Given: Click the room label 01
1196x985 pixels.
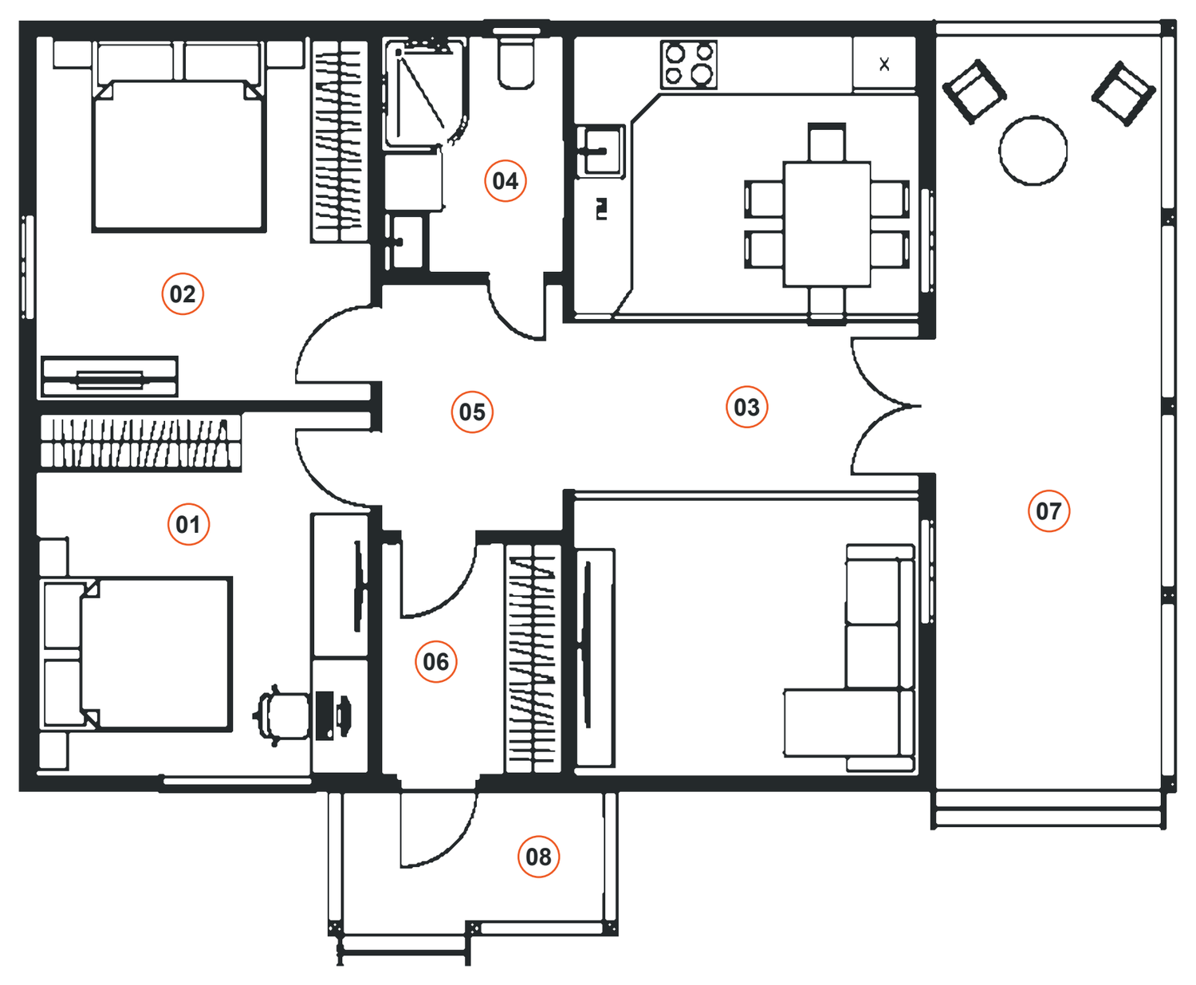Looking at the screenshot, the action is coord(188,524).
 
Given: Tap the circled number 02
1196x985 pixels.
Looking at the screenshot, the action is coord(183,294).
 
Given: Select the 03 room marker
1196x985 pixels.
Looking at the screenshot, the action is coord(747,407).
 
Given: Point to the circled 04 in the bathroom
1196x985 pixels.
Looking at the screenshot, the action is coord(506,181).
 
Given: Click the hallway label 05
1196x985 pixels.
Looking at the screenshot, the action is coord(472,412).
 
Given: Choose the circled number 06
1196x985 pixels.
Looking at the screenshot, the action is coord(436,661).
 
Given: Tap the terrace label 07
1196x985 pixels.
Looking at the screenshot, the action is coord(1049,510).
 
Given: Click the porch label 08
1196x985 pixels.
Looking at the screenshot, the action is coord(539,857).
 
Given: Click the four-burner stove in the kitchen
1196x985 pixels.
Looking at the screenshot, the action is coord(689,65).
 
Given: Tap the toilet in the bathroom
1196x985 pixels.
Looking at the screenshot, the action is coord(516,60).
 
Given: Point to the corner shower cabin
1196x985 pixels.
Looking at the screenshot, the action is coord(425,93).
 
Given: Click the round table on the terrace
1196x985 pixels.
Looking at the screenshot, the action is coord(1033,151).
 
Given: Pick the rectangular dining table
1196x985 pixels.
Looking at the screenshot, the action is coord(827,224).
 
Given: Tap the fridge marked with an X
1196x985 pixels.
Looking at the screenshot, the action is coord(884,63).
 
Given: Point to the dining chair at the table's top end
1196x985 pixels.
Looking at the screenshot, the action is coord(827,142).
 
